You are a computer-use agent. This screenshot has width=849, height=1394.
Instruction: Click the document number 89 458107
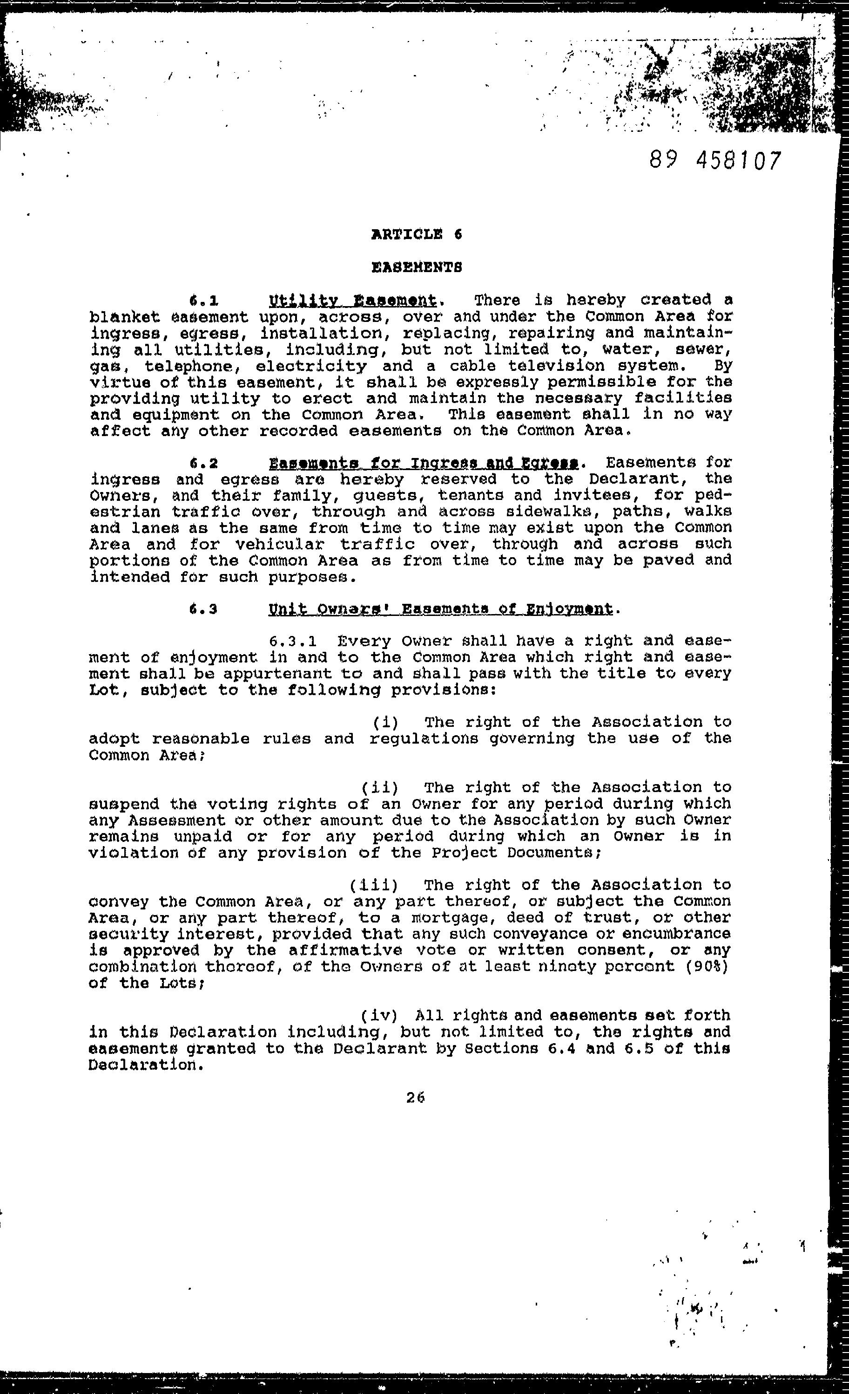[715, 161]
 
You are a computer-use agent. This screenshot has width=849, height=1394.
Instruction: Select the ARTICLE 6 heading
[417, 234]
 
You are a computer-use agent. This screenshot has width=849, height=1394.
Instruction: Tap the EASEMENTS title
[417, 267]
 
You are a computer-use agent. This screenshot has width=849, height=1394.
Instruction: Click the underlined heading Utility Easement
[353, 300]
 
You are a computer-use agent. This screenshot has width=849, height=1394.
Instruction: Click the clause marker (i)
[386, 723]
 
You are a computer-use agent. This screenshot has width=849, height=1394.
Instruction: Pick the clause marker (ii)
[380, 787]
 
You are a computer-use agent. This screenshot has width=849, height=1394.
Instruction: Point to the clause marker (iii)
[374, 885]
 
